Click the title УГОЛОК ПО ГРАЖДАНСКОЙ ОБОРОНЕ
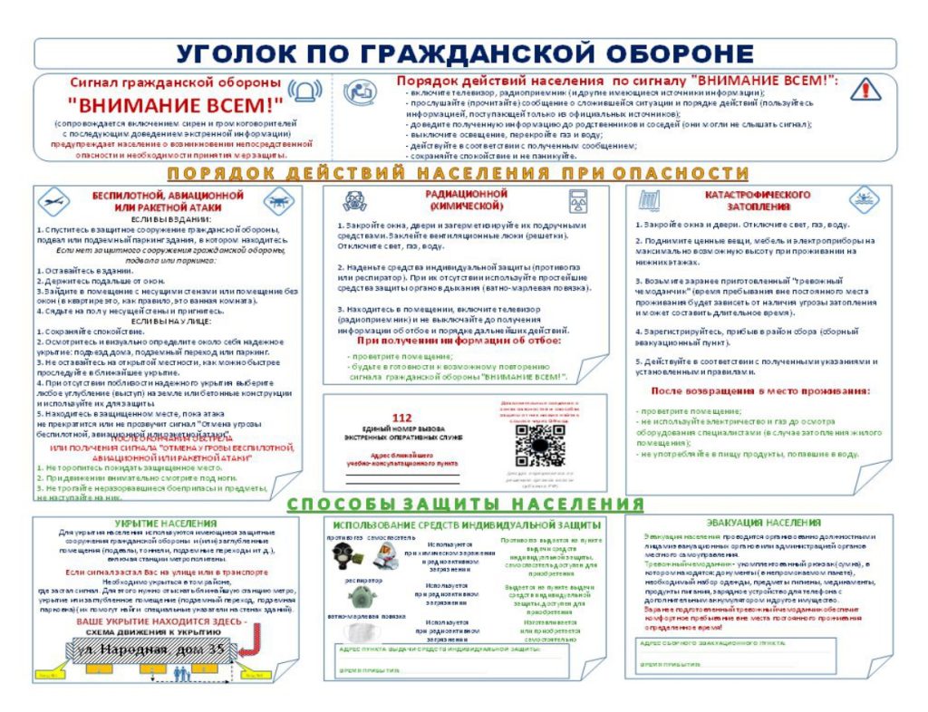point(463,53)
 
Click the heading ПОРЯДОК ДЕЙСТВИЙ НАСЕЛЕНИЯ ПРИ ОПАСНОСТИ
point(463,172)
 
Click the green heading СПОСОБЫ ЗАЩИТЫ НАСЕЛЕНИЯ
point(463,504)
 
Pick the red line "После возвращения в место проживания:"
point(760,390)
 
